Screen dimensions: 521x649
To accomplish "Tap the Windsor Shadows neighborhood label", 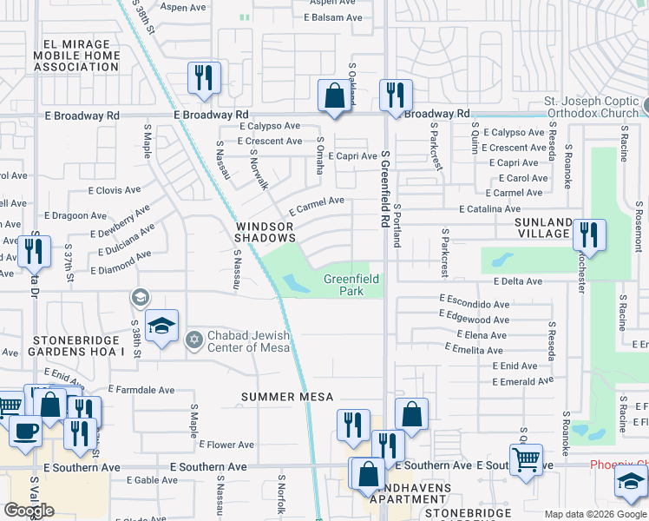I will [265, 231].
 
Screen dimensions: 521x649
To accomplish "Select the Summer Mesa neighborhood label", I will [287, 397].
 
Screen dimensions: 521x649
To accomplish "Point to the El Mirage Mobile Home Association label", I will [77, 55].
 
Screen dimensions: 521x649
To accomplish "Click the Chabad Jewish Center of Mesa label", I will [242, 343].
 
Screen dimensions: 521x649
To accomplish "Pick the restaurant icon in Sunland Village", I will [589, 235].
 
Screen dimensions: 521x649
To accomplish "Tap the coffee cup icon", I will [23, 431].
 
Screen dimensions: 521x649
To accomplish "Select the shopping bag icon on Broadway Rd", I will [334, 96].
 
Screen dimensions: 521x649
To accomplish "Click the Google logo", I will [29, 511].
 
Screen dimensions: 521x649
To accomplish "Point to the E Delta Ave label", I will [518, 281].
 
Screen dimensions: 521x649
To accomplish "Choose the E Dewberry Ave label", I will [119, 222].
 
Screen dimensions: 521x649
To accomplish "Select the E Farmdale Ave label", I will [142, 389].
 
